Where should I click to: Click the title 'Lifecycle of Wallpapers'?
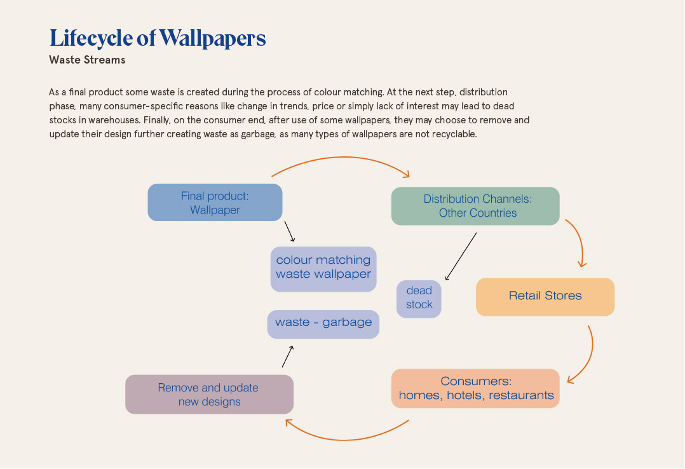[x=158, y=38]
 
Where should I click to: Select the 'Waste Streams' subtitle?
[x=87, y=60]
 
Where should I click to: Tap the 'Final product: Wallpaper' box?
[x=215, y=203]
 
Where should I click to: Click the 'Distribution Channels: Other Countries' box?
[x=475, y=206]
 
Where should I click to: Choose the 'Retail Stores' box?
[x=545, y=296]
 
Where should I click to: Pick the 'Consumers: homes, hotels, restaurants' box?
[x=475, y=388]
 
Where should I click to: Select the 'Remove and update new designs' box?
[x=209, y=394]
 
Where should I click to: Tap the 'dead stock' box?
[x=419, y=299]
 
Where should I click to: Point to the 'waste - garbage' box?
[x=323, y=323]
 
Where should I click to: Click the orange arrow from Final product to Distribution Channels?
[x=340, y=158]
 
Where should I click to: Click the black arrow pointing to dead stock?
[x=461, y=256]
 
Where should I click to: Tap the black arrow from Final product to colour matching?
[x=290, y=231]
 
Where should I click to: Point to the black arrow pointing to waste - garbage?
[x=287, y=357]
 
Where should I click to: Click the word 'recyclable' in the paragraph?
[x=453, y=134]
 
